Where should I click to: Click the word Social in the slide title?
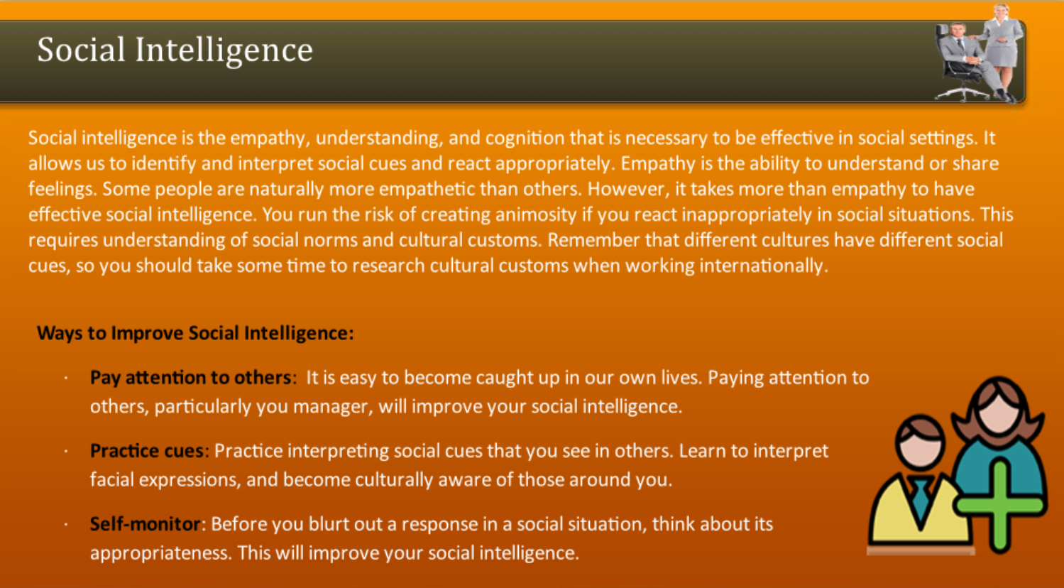click(81, 50)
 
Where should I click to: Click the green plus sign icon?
click(1000, 506)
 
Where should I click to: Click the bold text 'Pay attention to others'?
click(190, 378)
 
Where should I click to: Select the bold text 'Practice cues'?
click(147, 451)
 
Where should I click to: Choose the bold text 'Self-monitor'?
click(146, 524)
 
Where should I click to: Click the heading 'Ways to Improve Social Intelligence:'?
click(196, 333)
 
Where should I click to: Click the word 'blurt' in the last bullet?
click(327, 524)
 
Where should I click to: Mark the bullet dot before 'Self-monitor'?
click(66, 525)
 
